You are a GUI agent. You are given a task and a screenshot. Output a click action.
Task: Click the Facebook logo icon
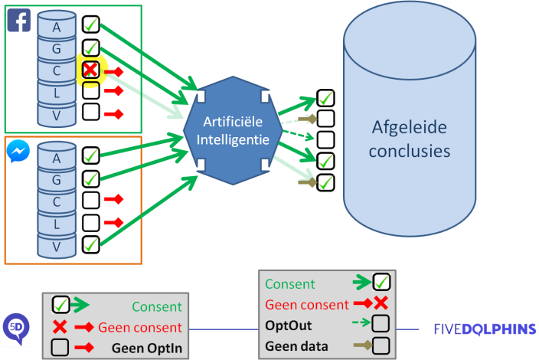coord(19,20)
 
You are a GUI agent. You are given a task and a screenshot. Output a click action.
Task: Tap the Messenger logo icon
coord(18,152)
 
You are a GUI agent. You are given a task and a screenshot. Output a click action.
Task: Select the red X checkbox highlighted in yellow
coord(90,70)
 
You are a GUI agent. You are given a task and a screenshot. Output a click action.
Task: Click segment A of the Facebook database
coord(57,27)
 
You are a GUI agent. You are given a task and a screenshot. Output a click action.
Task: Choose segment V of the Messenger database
coord(57,246)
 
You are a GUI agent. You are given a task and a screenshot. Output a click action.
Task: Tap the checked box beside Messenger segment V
coord(90,244)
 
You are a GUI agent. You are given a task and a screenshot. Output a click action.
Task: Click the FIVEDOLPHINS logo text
coord(483,329)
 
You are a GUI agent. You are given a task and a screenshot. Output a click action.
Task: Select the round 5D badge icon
coord(15,328)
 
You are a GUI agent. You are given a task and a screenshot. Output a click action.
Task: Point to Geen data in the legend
coord(292,345)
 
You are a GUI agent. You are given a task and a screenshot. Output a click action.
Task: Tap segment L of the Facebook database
coord(57,93)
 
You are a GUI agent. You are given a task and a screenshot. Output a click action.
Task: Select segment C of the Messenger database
coord(57,201)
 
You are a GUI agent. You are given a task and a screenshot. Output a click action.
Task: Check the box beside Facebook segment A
coord(90,25)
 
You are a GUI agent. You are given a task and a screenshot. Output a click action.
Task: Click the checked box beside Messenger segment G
coord(90,179)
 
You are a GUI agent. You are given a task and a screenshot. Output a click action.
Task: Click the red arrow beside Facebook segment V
coord(113,115)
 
